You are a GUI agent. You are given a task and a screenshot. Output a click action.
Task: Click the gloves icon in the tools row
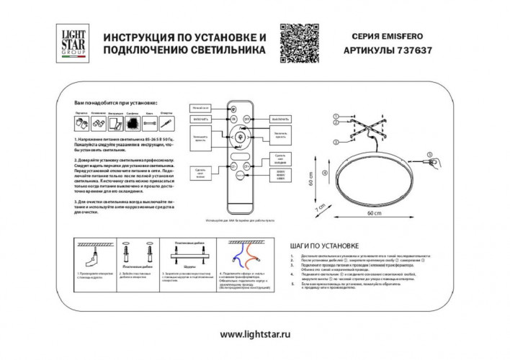tap(80, 124)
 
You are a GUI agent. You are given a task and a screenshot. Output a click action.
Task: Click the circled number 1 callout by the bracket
tap(334, 115)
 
